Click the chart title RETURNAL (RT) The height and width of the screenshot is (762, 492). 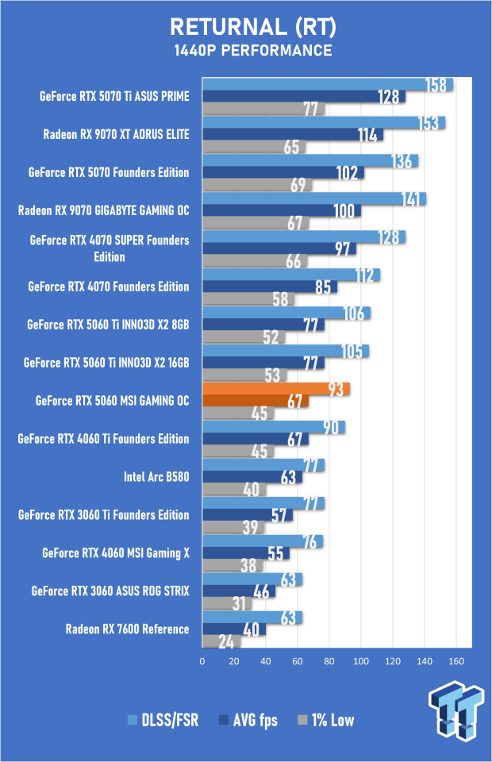click(x=253, y=27)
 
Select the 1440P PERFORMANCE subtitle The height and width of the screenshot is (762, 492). click(x=253, y=51)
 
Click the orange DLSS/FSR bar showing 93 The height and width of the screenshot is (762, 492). click(x=276, y=389)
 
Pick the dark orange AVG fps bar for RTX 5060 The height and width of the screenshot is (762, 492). click(x=255, y=400)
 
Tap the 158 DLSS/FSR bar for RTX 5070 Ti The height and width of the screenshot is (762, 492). click(x=328, y=84)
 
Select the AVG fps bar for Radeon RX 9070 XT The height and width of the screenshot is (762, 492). click(x=292, y=134)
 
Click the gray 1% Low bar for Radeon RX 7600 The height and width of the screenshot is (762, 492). click(x=221, y=641)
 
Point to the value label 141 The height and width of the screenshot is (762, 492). click(x=410, y=199)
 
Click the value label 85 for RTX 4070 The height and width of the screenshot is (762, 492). click(x=323, y=287)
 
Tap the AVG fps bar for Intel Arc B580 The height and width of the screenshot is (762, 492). click(x=252, y=477)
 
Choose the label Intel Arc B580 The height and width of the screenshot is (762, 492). click(x=156, y=477)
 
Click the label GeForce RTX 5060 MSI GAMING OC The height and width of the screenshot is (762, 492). click(x=112, y=401)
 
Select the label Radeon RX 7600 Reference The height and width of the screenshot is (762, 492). click(x=127, y=629)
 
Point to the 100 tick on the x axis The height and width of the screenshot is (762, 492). click(x=361, y=661)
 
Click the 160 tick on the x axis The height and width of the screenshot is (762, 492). click(x=456, y=661)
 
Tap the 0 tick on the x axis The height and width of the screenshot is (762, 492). click(x=202, y=661)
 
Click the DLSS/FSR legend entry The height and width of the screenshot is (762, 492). click(x=163, y=720)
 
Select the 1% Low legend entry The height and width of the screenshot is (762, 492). click(x=326, y=720)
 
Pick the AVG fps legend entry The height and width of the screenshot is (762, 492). click(x=248, y=720)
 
